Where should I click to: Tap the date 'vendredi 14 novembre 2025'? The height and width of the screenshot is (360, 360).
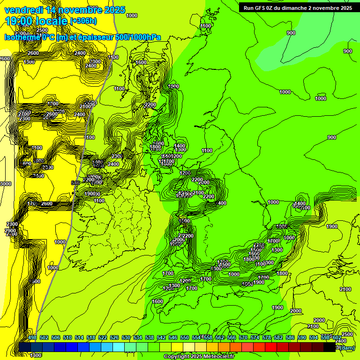tap(65, 9)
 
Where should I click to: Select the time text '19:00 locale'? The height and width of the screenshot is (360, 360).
tap(36, 21)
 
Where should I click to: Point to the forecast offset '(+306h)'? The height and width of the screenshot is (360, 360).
tap(83, 21)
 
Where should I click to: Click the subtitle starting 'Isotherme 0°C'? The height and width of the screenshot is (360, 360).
tap(82, 37)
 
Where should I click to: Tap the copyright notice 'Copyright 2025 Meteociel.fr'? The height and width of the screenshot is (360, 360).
tap(199, 357)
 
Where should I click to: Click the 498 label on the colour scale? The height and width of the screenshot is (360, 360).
tap(32, 337)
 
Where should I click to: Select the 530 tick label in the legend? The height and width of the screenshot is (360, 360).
tap(126, 337)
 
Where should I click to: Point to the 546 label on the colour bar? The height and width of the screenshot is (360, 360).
tap(173, 337)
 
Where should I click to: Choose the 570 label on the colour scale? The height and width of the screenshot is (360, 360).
tap(243, 337)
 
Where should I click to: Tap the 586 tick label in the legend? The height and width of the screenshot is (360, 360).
tap(290, 337)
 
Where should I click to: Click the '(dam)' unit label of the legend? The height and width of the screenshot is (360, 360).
tap(347, 348)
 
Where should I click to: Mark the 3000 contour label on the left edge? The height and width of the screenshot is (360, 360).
tap(6, 184)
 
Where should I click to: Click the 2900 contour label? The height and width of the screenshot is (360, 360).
tap(10, 231)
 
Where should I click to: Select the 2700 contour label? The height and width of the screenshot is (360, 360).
tap(24, 114)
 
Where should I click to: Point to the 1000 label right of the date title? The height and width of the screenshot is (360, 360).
tap(132, 15)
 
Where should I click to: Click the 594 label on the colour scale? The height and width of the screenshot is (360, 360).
tap(314, 337)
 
